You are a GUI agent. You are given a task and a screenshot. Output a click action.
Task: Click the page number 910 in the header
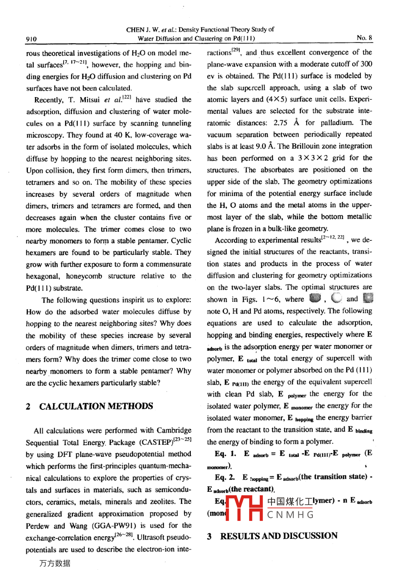pyautogui.click(x=31, y=38)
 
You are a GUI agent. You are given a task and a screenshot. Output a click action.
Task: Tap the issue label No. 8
pyautogui.click(x=364, y=38)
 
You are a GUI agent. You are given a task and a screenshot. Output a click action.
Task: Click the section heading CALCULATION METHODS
pyautogui.click(x=96, y=406)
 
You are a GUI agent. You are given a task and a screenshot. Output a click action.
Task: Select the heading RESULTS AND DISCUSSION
pyautogui.click(x=278, y=536)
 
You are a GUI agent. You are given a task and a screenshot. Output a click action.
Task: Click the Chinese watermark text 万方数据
pyautogui.click(x=54, y=563)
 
